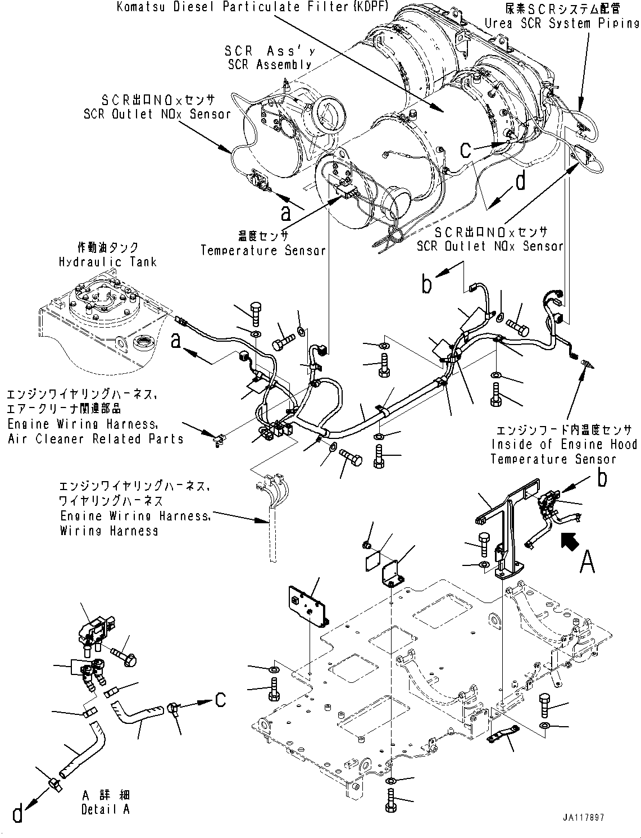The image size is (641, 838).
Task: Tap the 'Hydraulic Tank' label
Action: click(107, 262)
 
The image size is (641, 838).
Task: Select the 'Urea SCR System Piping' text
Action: click(562, 23)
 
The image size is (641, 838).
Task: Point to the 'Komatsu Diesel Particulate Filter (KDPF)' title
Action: click(253, 8)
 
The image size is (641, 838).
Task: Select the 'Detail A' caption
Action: click(106, 809)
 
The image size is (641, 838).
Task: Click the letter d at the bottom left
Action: click(18, 813)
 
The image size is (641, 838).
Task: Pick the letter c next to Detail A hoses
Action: click(221, 698)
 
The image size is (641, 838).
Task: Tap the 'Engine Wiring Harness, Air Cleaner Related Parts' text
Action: click(96, 432)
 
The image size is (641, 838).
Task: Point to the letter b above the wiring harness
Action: click(428, 284)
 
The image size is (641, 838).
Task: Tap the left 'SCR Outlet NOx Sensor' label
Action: click(157, 114)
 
